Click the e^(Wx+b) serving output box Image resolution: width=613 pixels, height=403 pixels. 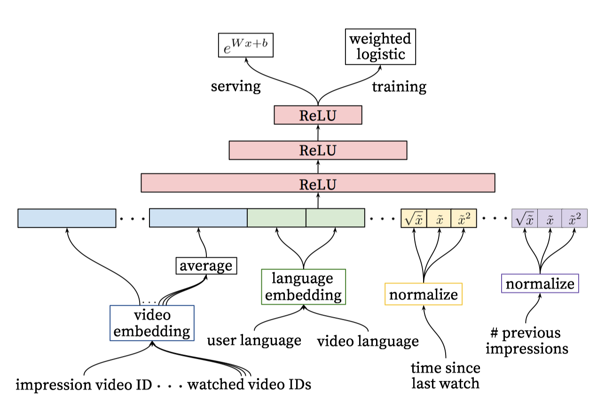pyautogui.click(x=245, y=45)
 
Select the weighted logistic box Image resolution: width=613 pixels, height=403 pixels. pyautogui.click(x=380, y=47)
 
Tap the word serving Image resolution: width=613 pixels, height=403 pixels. pyautogui.click(x=236, y=87)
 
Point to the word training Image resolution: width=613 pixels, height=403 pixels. pyautogui.click(x=399, y=87)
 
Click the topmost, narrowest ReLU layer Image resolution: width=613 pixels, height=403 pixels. pyautogui.click(x=318, y=115)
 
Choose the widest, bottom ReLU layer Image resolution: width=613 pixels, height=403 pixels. pyautogui.click(x=318, y=183)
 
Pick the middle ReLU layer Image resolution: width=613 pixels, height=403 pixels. pyautogui.click(x=318, y=150)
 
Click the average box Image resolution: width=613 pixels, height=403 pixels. pyautogui.click(x=206, y=266)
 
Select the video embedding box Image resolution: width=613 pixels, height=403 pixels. pyautogui.click(x=152, y=323)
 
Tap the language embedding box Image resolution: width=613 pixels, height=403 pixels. pyautogui.click(x=304, y=287)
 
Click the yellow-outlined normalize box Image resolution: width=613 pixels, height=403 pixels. pyautogui.click(x=424, y=294)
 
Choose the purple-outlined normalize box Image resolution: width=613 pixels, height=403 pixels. pyautogui.click(x=540, y=283)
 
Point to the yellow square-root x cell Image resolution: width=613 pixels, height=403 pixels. pyautogui.click(x=414, y=218)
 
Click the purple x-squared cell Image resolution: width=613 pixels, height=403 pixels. pyautogui.click(x=574, y=218)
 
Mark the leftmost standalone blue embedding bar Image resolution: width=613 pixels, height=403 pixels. pyautogui.click(x=67, y=218)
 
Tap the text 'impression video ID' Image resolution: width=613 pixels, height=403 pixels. pyautogui.click(x=84, y=385)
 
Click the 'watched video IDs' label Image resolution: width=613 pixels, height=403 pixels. pyautogui.click(x=249, y=384)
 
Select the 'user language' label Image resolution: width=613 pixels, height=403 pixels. pyautogui.click(x=254, y=341)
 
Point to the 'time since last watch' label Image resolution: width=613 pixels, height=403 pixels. pyautogui.click(x=446, y=376)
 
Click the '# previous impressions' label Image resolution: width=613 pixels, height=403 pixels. pyautogui.click(x=527, y=341)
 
